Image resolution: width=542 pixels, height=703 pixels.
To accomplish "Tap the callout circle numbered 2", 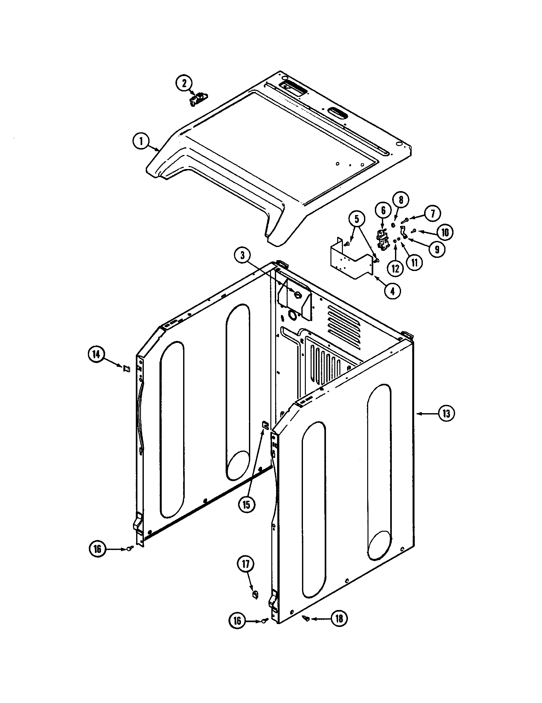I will (184, 83).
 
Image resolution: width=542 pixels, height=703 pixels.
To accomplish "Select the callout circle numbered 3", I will (242, 256).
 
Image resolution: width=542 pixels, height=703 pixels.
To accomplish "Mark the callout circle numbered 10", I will (445, 232).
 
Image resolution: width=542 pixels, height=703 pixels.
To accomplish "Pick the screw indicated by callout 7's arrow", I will (405, 220).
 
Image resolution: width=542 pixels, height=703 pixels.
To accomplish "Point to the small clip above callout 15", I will (265, 425).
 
